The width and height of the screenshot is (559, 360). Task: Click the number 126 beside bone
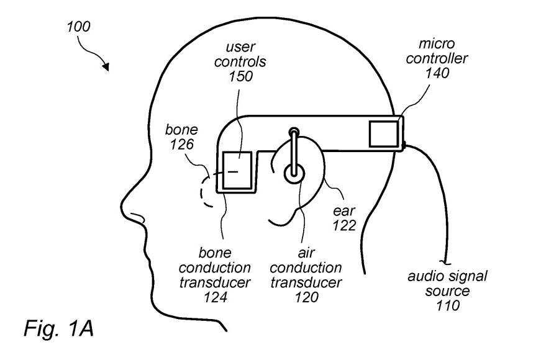(181, 145)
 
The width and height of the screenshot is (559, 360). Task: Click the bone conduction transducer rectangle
(237, 171)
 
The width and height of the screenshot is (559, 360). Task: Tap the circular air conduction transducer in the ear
(293, 173)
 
